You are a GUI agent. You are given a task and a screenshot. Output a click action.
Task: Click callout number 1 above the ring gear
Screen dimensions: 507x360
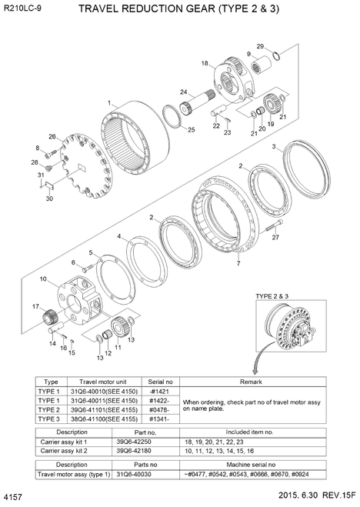(110, 102)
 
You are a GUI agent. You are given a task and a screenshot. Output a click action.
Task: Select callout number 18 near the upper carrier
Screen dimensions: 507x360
(205, 63)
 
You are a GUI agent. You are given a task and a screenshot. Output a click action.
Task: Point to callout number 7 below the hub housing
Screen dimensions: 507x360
(238, 263)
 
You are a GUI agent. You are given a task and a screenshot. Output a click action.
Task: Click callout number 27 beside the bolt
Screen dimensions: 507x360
(275, 237)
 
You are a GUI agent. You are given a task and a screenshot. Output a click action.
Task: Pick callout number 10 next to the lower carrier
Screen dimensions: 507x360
(43, 278)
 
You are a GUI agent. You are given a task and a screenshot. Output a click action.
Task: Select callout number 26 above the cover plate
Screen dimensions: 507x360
(52, 136)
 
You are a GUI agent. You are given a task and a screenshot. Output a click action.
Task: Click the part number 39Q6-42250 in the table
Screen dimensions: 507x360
(135, 442)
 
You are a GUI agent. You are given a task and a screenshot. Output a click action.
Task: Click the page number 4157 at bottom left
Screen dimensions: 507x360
(14, 498)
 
